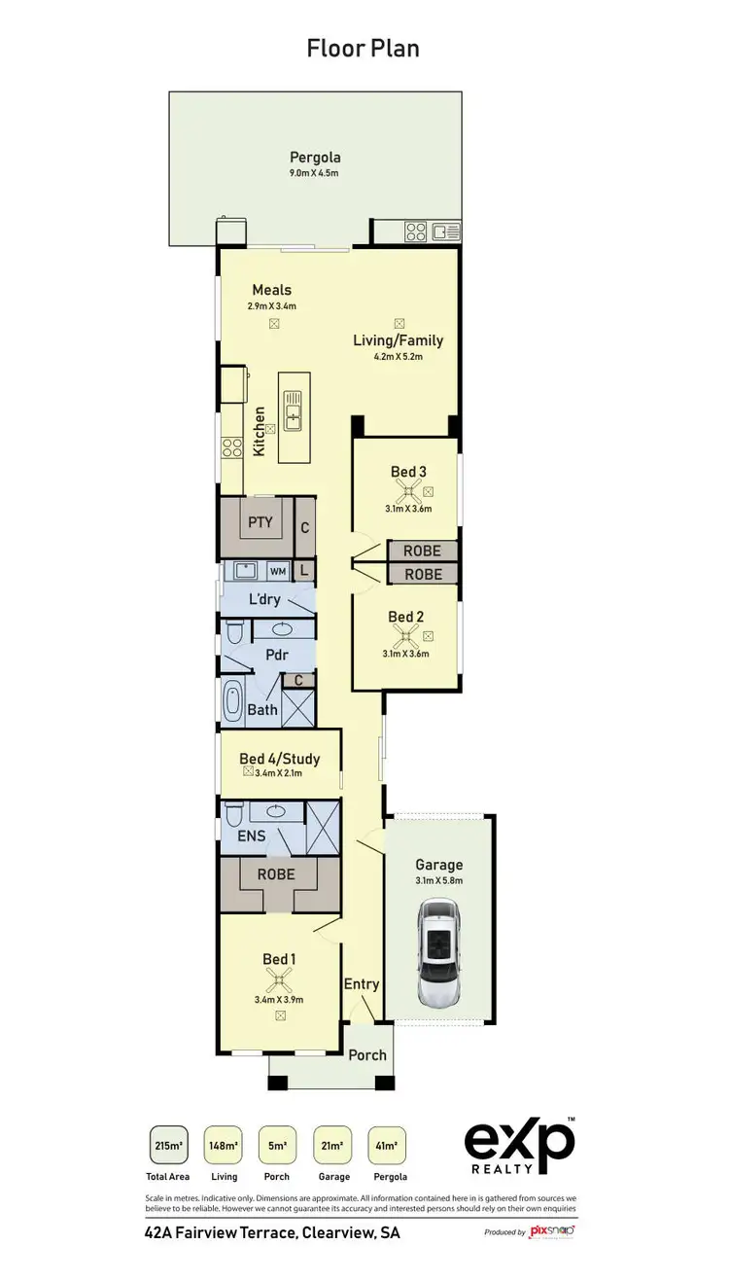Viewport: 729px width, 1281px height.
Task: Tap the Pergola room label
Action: click(x=315, y=158)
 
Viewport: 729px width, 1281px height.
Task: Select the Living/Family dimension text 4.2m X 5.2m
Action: click(x=399, y=356)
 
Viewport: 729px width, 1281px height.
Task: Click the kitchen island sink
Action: click(x=293, y=409)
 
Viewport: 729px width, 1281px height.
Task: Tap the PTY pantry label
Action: click(x=260, y=522)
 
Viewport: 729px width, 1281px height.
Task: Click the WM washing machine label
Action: click(x=277, y=572)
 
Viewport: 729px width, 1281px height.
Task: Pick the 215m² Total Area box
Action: click(x=168, y=1146)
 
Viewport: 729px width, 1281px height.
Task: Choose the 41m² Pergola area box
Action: click(x=387, y=1146)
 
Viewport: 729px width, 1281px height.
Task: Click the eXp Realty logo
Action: click(x=519, y=1149)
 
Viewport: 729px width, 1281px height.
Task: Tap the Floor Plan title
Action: click(x=364, y=48)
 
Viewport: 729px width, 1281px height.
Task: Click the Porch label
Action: click(x=367, y=1054)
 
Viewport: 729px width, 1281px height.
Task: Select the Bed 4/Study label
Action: click(x=280, y=759)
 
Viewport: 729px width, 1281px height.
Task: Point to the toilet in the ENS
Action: click(x=232, y=812)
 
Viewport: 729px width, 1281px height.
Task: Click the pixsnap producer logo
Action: click(x=551, y=1231)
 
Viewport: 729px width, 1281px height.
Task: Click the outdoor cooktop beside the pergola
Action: click(x=415, y=231)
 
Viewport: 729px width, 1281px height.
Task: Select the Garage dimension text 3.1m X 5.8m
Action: click(x=439, y=880)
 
